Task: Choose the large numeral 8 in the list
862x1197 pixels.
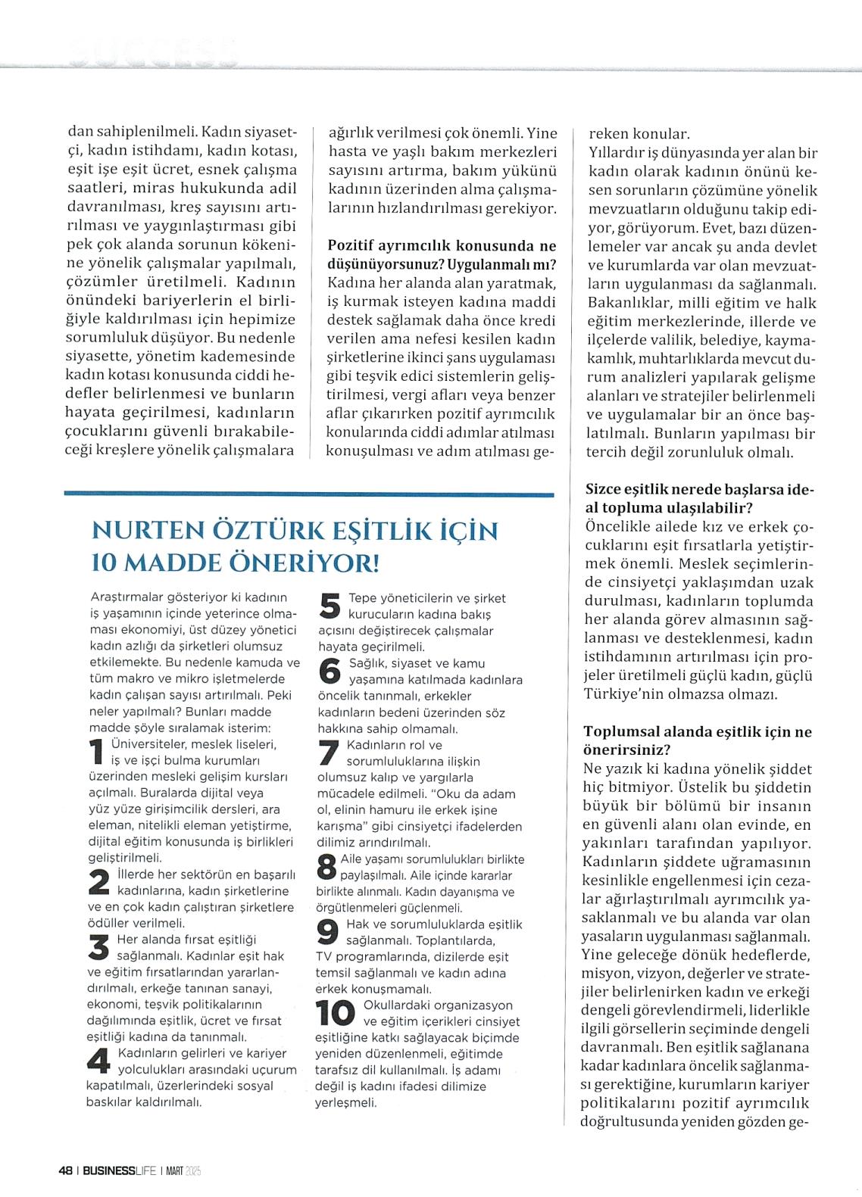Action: pyautogui.click(x=326, y=866)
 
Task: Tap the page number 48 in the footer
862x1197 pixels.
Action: pyautogui.click(x=65, y=1169)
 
